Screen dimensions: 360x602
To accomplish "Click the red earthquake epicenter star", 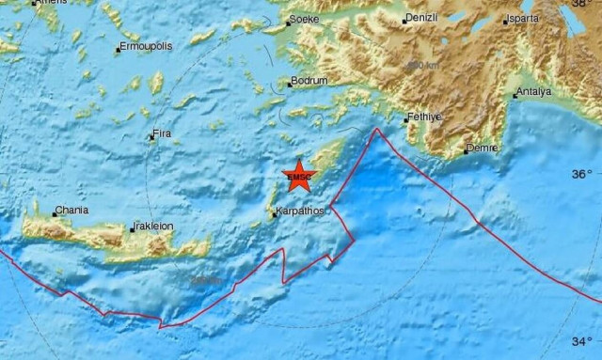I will (x=298, y=175).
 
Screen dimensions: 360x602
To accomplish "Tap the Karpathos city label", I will (x=300, y=211).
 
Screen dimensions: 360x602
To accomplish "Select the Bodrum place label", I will (x=309, y=81).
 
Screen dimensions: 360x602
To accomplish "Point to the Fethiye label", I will (x=423, y=117).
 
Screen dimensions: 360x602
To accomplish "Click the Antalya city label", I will (x=535, y=91).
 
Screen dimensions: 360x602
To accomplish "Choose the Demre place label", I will (x=483, y=149).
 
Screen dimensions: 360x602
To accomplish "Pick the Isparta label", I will (x=523, y=19).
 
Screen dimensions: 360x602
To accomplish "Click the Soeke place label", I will (x=305, y=19).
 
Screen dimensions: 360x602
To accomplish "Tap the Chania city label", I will (x=72, y=211).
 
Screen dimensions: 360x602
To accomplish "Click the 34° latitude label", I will (x=583, y=341).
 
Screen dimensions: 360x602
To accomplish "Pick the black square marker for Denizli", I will (x=404, y=21).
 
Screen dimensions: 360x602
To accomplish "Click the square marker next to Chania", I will (x=55, y=214).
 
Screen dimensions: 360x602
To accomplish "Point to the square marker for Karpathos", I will (x=275, y=215).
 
